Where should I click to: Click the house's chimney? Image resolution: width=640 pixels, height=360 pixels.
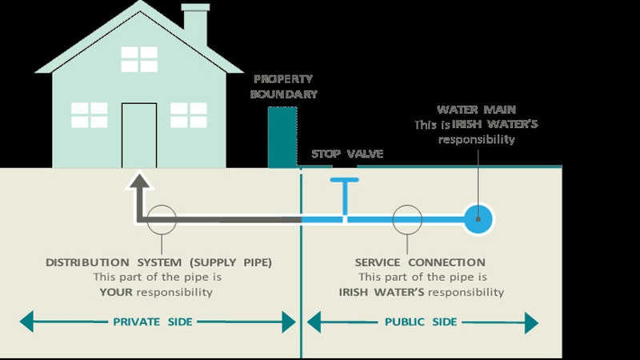[195, 24]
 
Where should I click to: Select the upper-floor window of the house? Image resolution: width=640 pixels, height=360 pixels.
[138, 59]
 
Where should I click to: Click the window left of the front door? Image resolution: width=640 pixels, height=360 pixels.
[89, 114]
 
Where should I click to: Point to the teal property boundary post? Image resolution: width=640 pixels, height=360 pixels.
[282, 137]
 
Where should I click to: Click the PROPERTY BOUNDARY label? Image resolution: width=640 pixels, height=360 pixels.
[285, 86]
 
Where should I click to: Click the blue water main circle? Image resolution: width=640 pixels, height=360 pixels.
[479, 218]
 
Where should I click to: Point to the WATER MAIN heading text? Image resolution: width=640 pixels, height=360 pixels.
[476, 110]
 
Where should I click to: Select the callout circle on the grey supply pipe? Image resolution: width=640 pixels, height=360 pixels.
[162, 218]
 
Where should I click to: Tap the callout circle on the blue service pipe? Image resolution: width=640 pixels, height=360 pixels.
[407, 218]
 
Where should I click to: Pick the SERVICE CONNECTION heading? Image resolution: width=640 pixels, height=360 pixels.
[420, 262]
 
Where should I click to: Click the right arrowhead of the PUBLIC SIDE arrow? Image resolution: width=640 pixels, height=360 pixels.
[530, 322]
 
